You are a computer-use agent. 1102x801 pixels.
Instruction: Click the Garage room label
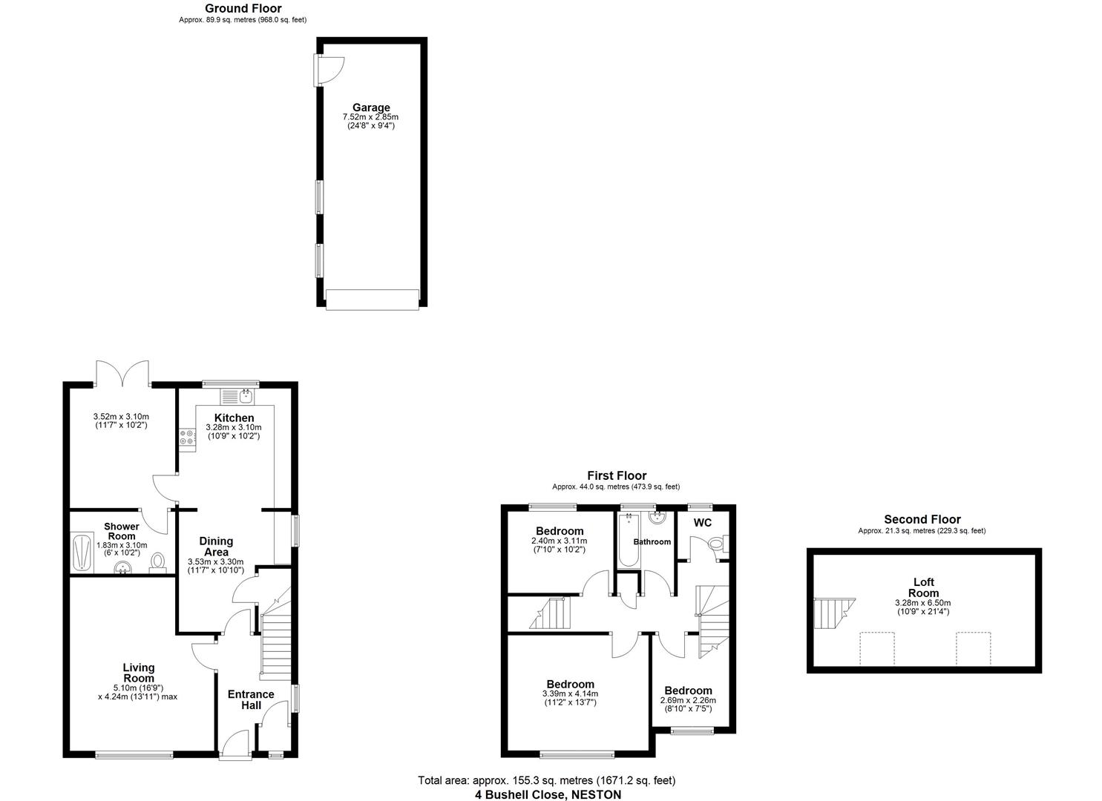pos(371,108)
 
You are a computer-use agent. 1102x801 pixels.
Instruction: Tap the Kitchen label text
pos(234,418)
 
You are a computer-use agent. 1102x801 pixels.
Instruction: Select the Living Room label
pos(139,673)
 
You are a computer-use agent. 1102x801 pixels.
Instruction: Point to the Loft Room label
pos(923,587)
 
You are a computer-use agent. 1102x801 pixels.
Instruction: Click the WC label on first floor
pos(702,523)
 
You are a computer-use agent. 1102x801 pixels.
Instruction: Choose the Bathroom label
pos(652,542)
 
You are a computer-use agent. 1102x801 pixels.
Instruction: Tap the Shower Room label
pos(121,531)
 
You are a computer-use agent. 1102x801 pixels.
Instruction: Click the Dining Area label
pos(216,547)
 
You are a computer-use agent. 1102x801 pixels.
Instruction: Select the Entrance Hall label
pos(251,699)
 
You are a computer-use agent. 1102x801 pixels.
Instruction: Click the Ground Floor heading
pos(243,9)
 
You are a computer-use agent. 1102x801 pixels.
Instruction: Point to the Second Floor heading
pos(922,520)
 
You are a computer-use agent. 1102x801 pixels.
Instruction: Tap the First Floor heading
pos(616,476)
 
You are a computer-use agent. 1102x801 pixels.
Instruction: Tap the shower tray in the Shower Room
pos(80,553)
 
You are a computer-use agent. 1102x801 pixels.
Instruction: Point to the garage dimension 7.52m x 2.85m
pos(370,117)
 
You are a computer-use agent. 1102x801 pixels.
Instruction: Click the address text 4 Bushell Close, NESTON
pos(548,794)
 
